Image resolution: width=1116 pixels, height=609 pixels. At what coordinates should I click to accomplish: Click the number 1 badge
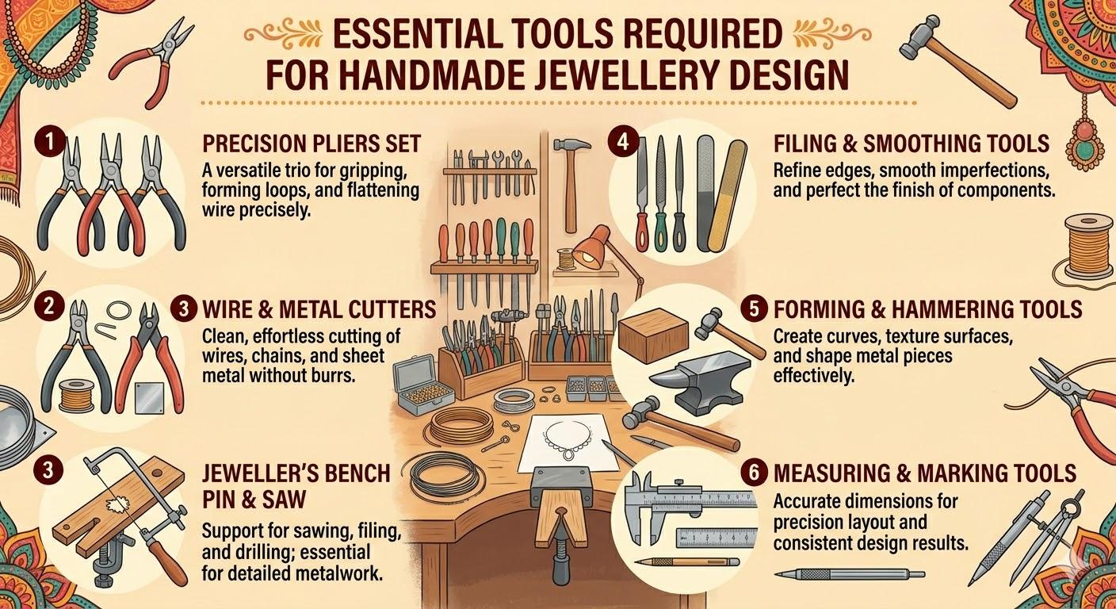coord(49,143)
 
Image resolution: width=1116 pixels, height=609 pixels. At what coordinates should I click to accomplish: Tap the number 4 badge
coord(623,143)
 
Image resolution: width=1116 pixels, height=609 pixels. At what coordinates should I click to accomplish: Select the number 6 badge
coord(754,473)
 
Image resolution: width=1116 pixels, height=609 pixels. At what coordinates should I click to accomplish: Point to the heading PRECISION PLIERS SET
coord(311,144)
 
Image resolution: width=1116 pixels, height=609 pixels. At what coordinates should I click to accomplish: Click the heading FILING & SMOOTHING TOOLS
coord(912,144)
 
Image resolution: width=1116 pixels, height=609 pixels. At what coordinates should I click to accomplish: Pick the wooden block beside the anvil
coord(653,335)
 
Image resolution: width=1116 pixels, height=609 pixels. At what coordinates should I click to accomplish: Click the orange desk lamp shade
coord(592,247)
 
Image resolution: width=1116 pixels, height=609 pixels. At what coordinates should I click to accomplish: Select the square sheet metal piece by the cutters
coord(150,398)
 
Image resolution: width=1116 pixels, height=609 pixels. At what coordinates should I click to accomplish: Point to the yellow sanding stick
coord(727,195)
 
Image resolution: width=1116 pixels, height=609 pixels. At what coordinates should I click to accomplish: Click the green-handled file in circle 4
coord(660,193)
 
